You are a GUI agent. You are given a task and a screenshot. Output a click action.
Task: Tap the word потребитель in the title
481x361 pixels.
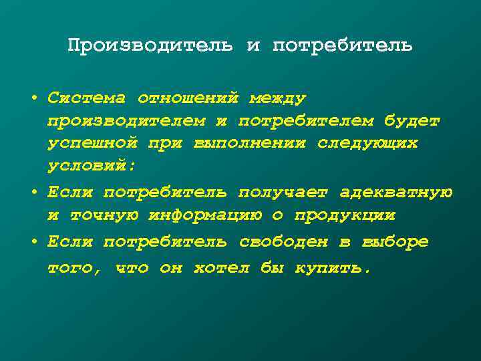coord(343,45)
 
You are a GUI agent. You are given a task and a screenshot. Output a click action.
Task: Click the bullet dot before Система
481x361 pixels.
coord(33,98)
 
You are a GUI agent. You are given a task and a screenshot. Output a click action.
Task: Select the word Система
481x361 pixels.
coord(87,98)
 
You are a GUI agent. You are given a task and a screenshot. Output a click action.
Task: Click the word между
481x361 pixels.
coord(277,98)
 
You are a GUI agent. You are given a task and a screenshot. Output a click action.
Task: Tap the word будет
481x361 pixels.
coord(412,120)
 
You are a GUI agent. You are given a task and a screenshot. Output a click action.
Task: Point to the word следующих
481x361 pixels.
coord(367,142)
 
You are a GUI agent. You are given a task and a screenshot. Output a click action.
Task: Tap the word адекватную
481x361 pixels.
coord(395,193)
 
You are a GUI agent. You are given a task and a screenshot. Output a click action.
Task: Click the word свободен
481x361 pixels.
coord(295,241)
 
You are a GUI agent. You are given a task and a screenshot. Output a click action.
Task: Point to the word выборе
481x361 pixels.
coord(394,241)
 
